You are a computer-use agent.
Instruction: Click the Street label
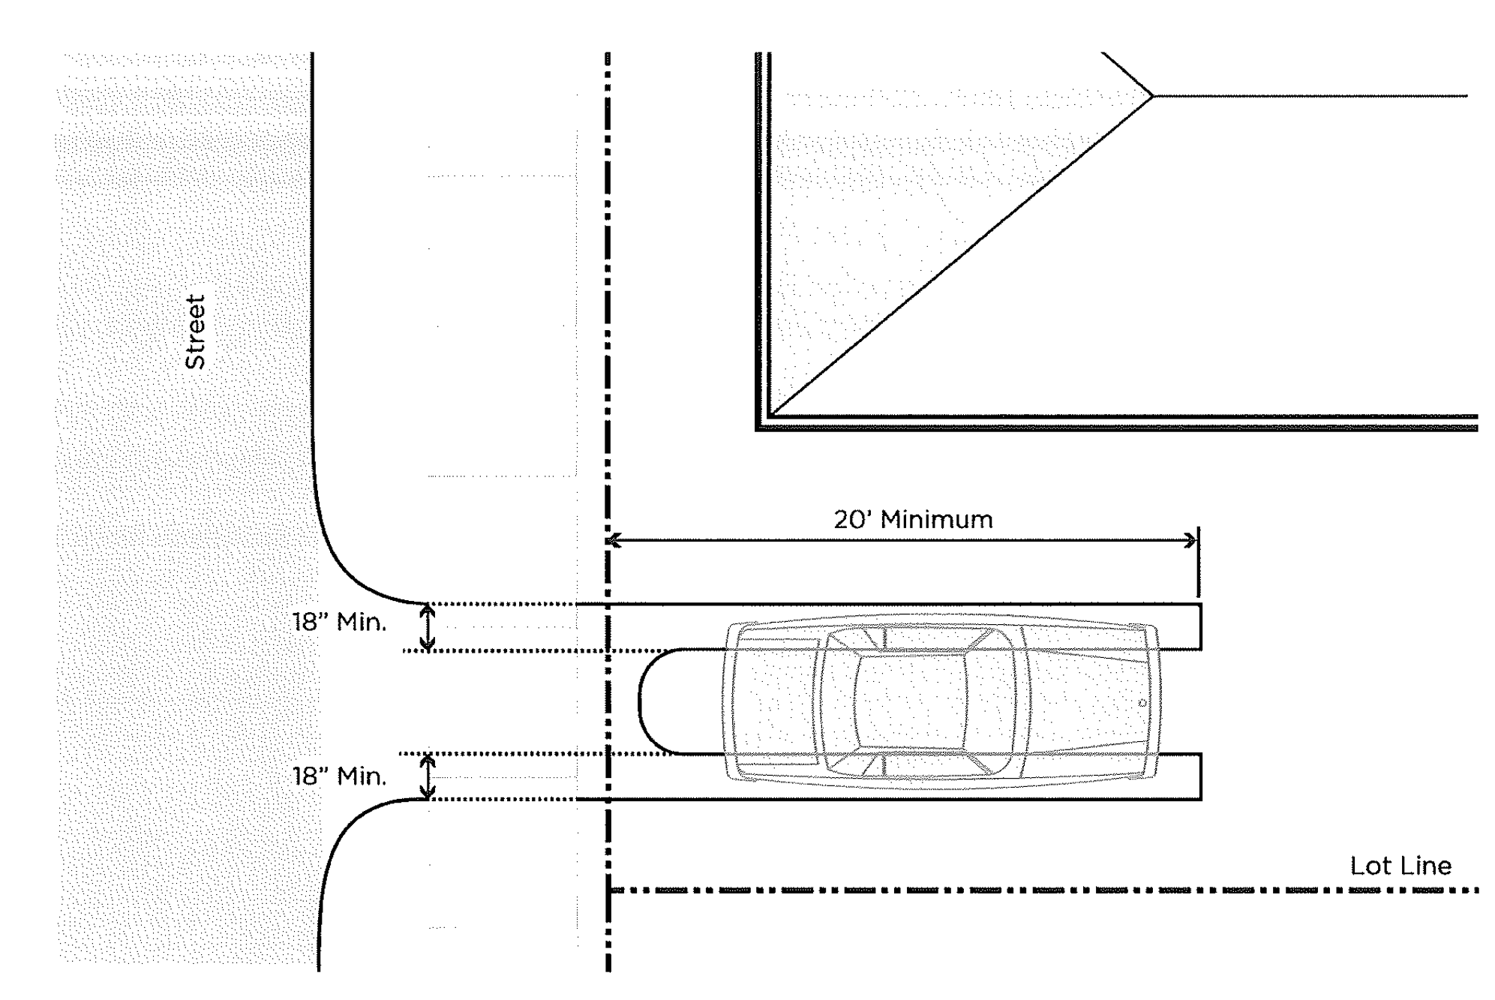pos(195,332)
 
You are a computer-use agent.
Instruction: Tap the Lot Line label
pos(1400,866)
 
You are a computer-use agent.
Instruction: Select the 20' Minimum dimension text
pos(913,519)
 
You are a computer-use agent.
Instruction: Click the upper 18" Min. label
pos(339,622)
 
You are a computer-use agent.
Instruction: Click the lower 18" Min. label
pos(339,776)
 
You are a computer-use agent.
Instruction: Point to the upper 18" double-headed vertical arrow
pos(427,627)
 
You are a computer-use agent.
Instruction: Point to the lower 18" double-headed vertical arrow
pos(427,776)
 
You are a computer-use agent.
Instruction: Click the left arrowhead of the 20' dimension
pos(614,540)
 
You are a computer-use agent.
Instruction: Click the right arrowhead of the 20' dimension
pos(1190,540)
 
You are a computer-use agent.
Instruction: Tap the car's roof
pos(909,701)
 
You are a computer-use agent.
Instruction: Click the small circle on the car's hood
pos(1142,703)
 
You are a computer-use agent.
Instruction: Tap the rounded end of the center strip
pos(642,701)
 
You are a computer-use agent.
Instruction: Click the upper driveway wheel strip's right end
pos(1199,626)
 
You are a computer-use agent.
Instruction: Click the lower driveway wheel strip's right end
pos(1199,776)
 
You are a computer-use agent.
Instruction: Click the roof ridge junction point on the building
pos(1151,96)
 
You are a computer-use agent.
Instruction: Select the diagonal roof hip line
pos(960,255)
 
